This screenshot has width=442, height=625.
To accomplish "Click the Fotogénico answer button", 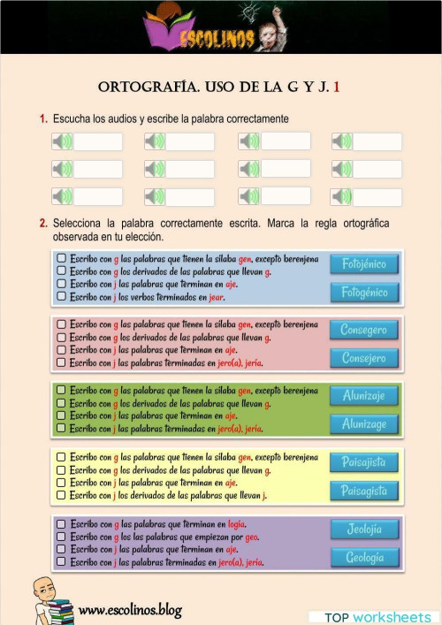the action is click(364, 293).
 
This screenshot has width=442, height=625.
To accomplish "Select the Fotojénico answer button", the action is click(364, 263).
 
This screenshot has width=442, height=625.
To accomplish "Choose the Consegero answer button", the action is click(364, 330).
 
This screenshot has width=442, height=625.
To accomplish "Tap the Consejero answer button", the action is click(364, 358).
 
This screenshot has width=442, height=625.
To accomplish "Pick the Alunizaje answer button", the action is click(364, 396).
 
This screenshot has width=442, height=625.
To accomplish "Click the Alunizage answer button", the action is click(364, 424).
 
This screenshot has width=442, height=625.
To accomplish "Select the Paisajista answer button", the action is click(364, 461).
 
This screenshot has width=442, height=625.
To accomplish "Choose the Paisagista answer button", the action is click(364, 491).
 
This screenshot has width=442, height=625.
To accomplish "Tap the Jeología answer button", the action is click(364, 529).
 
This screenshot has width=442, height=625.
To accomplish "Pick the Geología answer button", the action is click(364, 558).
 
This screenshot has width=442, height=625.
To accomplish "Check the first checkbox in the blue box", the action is click(61, 258).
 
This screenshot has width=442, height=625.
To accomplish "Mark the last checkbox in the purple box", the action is click(61, 561).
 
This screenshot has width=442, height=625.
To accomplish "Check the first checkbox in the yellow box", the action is click(61, 457).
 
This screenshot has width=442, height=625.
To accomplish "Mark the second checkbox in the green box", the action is click(61, 403).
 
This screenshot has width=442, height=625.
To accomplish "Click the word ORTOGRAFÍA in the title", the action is click(149, 88).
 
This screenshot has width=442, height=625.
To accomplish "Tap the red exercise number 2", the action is click(43, 224).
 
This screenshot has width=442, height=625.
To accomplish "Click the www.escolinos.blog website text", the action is click(130, 609).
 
